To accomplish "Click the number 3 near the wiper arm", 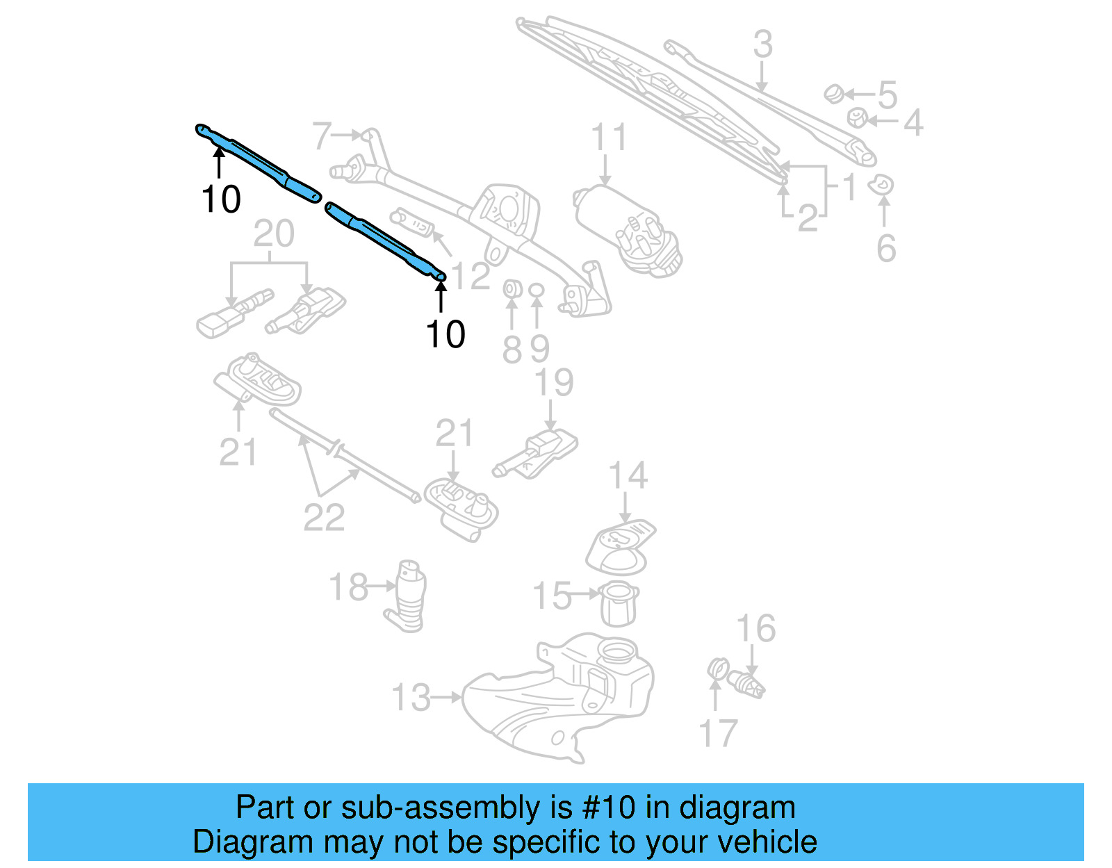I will click(762, 44).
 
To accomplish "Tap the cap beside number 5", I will click(833, 93).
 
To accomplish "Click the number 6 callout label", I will click(885, 249).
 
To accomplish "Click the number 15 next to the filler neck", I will click(551, 596).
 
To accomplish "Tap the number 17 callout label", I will click(717, 734).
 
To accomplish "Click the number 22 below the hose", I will click(324, 518).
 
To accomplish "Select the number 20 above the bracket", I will click(273, 234).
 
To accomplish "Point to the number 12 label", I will click(471, 276).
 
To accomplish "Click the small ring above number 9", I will click(536, 288).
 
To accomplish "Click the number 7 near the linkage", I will click(322, 136).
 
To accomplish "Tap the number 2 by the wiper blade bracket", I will click(806, 219).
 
